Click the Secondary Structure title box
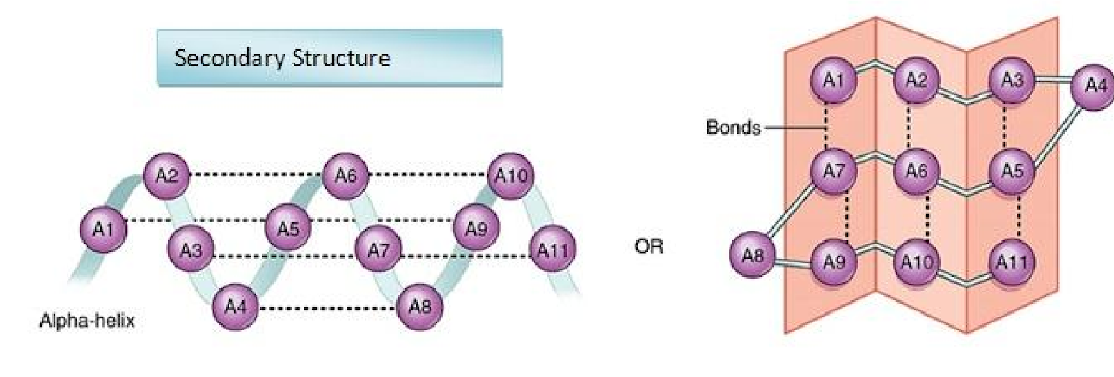(x=329, y=58)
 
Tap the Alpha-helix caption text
(x=87, y=321)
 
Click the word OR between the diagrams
(x=649, y=246)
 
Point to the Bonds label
(x=732, y=128)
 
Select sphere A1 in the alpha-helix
(x=104, y=228)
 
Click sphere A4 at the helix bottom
(x=235, y=306)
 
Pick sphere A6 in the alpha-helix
(x=345, y=175)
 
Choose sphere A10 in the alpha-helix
(x=510, y=176)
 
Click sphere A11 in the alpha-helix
(x=552, y=249)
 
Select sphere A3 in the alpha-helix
(x=190, y=249)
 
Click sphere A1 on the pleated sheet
(x=833, y=81)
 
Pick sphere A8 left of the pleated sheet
(x=752, y=255)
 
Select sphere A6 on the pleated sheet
(x=916, y=171)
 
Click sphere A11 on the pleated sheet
(x=1011, y=263)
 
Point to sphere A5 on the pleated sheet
(x=1011, y=170)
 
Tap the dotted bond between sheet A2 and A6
(x=909, y=126)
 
